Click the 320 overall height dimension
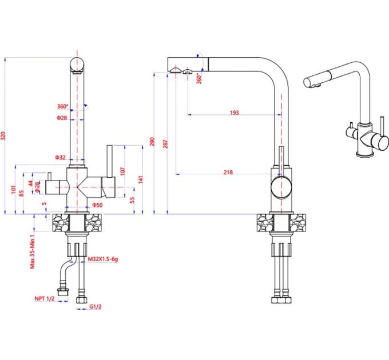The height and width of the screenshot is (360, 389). click(4, 136)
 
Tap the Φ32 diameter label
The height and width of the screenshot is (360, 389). click(61, 157)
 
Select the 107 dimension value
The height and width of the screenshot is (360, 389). click(121, 170)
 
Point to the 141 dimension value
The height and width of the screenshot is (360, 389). click(140, 179)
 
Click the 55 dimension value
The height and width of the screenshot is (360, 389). click(131, 200)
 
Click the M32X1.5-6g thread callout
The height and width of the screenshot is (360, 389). click(102, 259)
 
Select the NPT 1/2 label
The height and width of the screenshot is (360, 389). click(45, 298)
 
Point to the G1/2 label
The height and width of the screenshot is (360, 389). click(96, 306)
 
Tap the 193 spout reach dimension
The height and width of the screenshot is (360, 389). click(234, 113)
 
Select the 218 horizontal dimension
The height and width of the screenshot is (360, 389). click(228, 172)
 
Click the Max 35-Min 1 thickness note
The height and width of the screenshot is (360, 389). click(33, 249)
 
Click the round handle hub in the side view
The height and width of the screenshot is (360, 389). click(281, 187)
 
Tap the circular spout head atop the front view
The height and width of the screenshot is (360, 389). click(77, 63)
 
